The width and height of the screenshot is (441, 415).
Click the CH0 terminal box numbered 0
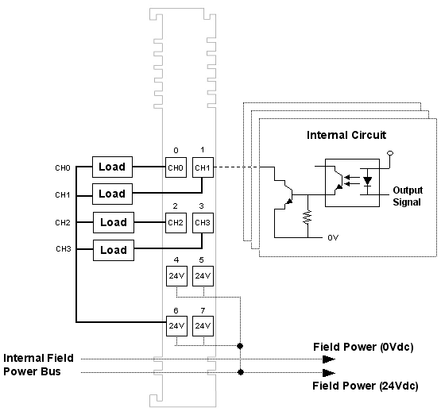point(176,167)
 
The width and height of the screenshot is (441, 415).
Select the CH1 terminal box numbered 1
point(203,167)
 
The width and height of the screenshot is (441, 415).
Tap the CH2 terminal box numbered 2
point(176,223)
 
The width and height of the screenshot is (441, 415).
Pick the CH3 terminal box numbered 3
point(203,223)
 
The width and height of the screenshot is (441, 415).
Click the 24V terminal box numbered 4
point(176,276)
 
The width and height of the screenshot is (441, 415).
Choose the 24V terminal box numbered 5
point(203,276)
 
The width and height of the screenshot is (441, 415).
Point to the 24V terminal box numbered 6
point(176,326)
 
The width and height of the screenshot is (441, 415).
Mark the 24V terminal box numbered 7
point(203,326)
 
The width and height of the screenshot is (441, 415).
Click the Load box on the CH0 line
point(112,167)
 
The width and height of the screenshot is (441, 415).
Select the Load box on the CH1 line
point(112,194)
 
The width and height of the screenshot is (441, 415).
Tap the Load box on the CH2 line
point(114,222)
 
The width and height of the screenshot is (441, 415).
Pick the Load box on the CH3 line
point(114,250)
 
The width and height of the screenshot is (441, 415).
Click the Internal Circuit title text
point(346,135)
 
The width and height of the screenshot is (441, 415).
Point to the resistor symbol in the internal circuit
point(308,217)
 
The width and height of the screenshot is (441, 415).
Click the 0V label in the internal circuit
point(333,238)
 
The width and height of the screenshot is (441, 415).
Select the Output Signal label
point(408,196)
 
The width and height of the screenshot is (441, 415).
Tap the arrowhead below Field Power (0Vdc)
point(328,359)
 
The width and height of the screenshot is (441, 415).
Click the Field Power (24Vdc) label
point(365,386)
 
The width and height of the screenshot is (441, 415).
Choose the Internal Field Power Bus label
point(38,365)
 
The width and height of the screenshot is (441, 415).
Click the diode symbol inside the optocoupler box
point(367,181)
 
